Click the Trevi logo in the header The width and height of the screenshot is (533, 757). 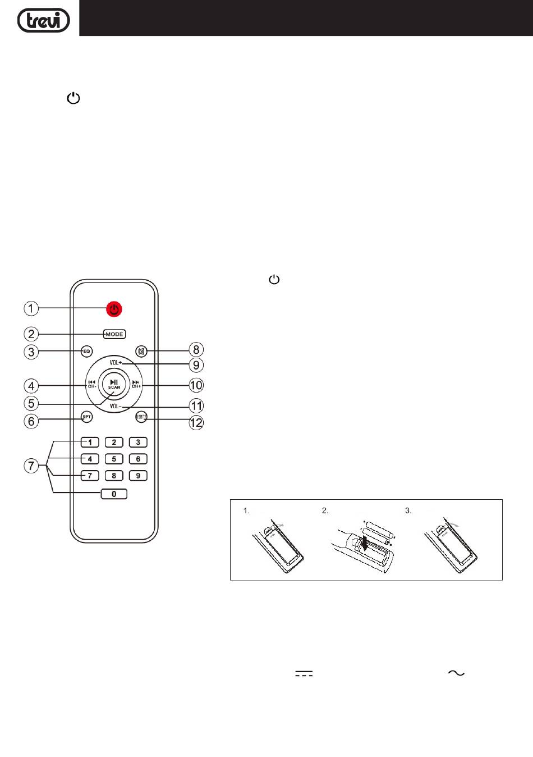(x=43, y=20)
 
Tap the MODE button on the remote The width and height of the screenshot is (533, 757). (x=114, y=334)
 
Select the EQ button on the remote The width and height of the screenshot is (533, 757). (x=86, y=352)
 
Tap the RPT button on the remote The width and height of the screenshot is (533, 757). (x=86, y=417)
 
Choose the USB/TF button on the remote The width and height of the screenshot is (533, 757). (x=141, y=417)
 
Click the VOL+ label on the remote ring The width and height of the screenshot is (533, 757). (x=116, y=363)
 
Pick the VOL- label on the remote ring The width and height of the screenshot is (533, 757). (x=116, y=405)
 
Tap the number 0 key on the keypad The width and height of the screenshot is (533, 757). (x=114, y=494)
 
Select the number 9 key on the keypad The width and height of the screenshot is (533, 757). (x=138, y=476)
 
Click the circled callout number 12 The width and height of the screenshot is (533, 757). (x=196, y=422)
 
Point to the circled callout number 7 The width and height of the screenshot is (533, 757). (x=31, y=466)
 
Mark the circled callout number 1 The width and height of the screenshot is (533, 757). (x=31, y=308)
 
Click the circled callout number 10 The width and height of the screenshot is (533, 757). (x=196, y=385)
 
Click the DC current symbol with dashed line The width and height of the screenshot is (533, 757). (x=304, y=673)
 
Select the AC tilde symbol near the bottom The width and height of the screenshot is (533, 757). (x=456, y=673)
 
